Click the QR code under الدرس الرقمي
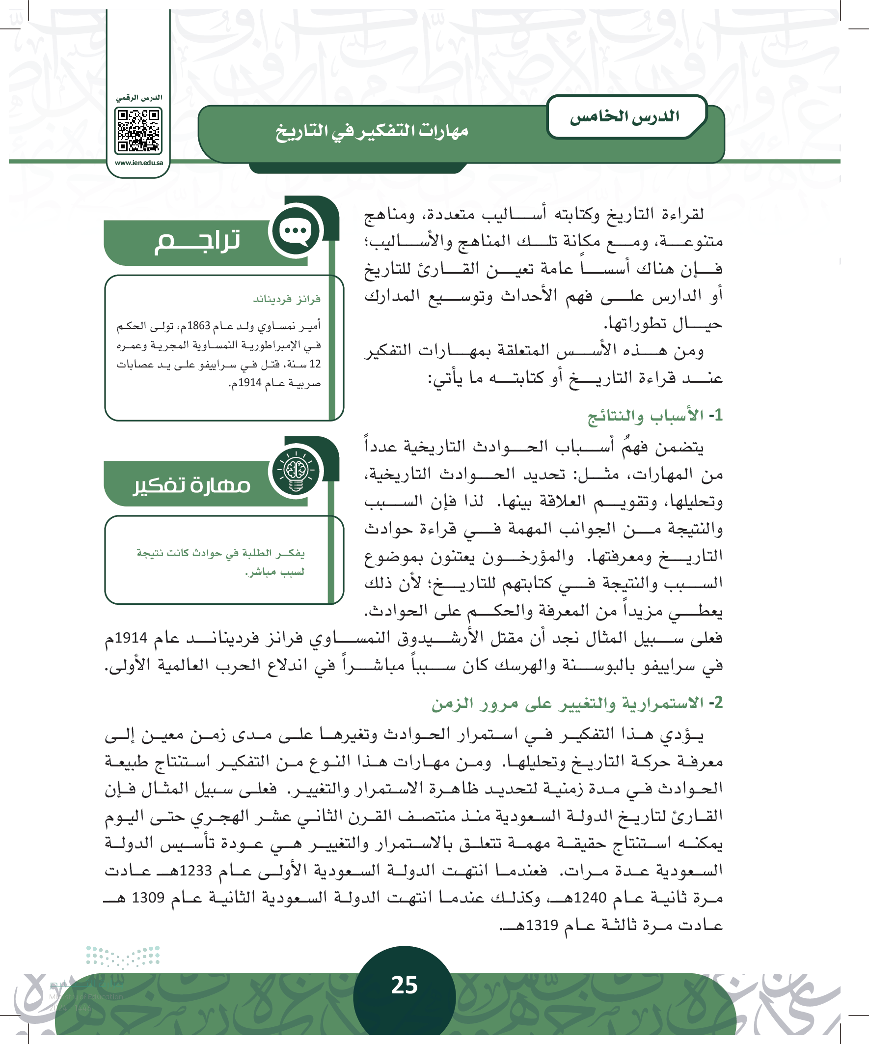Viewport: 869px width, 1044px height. click(x=138, y=131)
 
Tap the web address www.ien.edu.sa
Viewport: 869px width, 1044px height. click(x=138, y=163)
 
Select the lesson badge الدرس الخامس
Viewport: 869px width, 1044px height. click(x=625, y=117)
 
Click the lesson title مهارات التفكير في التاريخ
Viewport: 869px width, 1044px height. click(x=372, y=131)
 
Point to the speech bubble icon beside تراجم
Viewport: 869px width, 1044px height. click(x=296, y=231)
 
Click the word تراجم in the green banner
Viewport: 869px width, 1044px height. click(x=197, y=242)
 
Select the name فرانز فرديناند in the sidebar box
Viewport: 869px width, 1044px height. click(x=287, y=299)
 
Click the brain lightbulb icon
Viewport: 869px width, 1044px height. click(x=296, y=471)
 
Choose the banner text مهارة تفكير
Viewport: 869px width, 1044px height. click(x=192, y=485)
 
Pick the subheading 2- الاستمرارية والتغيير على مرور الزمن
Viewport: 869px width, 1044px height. click(x=576, y=703)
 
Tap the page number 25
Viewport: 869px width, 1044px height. click(x=404, y=985)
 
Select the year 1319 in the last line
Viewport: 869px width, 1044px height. click(x=542, y=925)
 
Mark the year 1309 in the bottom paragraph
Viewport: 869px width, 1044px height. click(x=148, y=898)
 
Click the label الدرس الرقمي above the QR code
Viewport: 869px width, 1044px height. click(x=139, y=98)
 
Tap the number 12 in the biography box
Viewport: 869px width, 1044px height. click(x=315, y=365)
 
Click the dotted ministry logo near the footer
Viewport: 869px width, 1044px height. click(x=123, y=957)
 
